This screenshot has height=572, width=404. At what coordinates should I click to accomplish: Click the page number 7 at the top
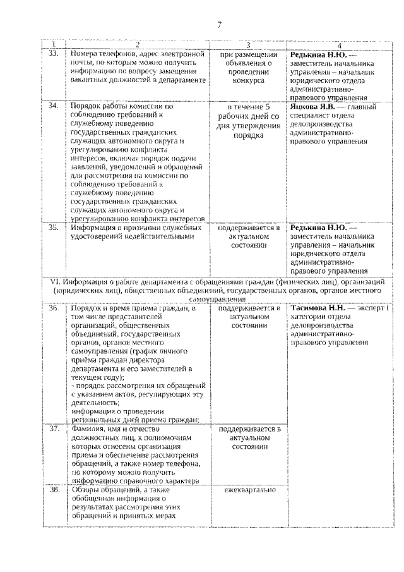pyautogui.click(x=219, y=25)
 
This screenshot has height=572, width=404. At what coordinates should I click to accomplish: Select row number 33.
pyautogui.click(x=54, y=54)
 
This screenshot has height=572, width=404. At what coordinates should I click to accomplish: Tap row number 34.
pyautogui.click(x=54, y=107)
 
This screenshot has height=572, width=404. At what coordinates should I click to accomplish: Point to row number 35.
pyautogui.click(x=54, y=227)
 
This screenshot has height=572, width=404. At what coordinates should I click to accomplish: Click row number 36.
pyautogui.click(x=54, y=308)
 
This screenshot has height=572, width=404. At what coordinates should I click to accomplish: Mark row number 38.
pyautogui.click(x=54, y=490)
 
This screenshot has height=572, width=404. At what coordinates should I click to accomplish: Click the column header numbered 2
pyautogui.click(x=138, y=45)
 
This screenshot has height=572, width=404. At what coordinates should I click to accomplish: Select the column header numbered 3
pyautogui.click(x=248, y=45)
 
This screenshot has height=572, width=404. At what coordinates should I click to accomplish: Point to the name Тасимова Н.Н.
pyautogui.click(x=318, y=308)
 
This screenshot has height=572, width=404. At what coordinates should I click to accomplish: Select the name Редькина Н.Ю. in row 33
pyautogui.click(x=318, y=54)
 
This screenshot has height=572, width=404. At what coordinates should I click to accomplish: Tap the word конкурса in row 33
pyautogui.click(x=248, y=81)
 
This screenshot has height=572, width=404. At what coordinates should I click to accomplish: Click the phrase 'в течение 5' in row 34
pyautogui.click(x=248, y=107)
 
